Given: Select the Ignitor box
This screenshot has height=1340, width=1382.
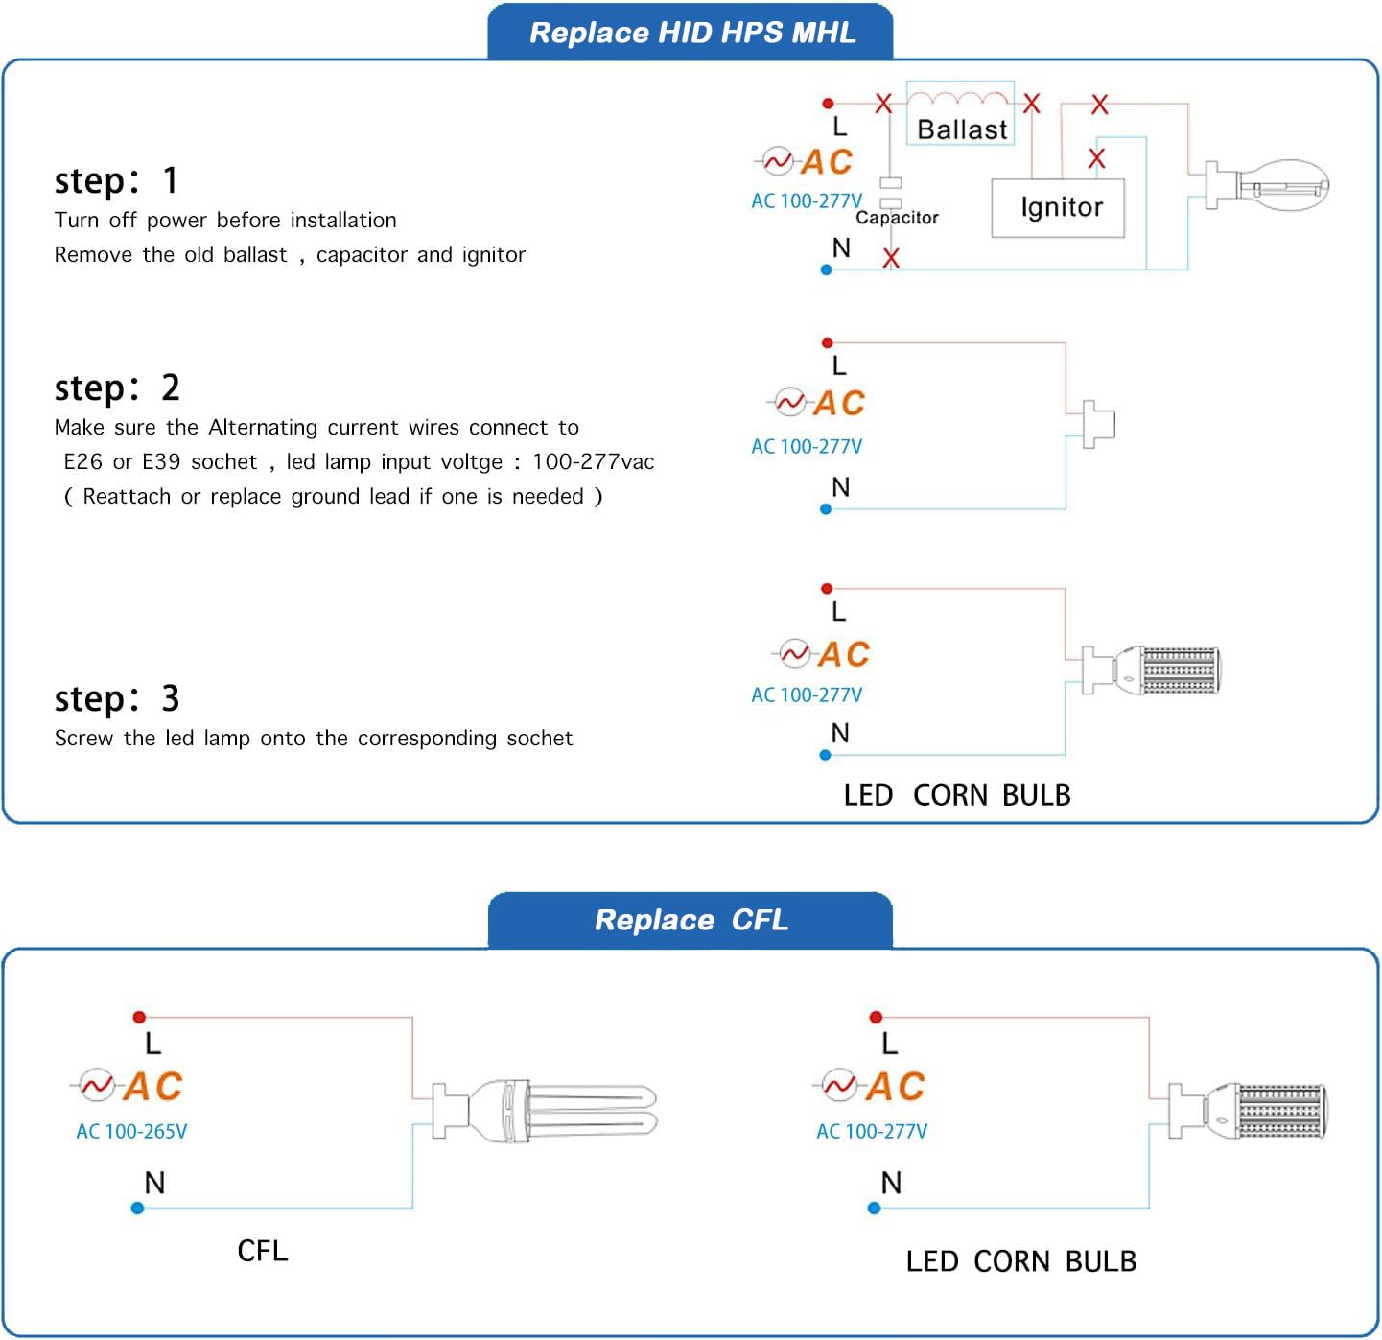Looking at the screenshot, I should click(x=1058, y=208).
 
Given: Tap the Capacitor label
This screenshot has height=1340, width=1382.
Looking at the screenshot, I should click(x=897, y=218).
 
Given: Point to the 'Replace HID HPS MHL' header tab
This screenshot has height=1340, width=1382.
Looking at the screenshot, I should click(x=691, y=33).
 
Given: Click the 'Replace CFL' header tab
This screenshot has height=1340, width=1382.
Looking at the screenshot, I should click(x=691, y=920).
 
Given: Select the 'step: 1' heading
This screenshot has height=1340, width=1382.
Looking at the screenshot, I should click(x=116, y=180).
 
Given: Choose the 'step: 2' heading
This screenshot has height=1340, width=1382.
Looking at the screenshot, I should click(x=116, y=388).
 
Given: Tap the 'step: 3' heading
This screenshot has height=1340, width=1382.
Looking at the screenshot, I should click(x=116, y=698).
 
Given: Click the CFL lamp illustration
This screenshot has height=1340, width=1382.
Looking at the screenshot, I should click(x=547, y=1109).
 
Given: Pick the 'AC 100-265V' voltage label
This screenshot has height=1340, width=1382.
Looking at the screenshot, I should click(x=131, y=1132).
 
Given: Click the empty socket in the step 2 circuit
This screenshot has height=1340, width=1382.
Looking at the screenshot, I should click(x=1099, y=424).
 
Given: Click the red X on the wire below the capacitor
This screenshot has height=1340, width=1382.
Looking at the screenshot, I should click(x=891, y=257).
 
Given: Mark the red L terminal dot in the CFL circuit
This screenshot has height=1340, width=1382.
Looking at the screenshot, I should click(x=139, y=1017).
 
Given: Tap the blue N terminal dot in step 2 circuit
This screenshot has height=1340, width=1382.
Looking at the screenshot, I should click(x=826, y=509).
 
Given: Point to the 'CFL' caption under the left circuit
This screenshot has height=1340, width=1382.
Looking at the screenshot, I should click(x=262, y=1251).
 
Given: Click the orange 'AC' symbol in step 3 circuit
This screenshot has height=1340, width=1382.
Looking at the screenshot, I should click(x=843, y=654).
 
